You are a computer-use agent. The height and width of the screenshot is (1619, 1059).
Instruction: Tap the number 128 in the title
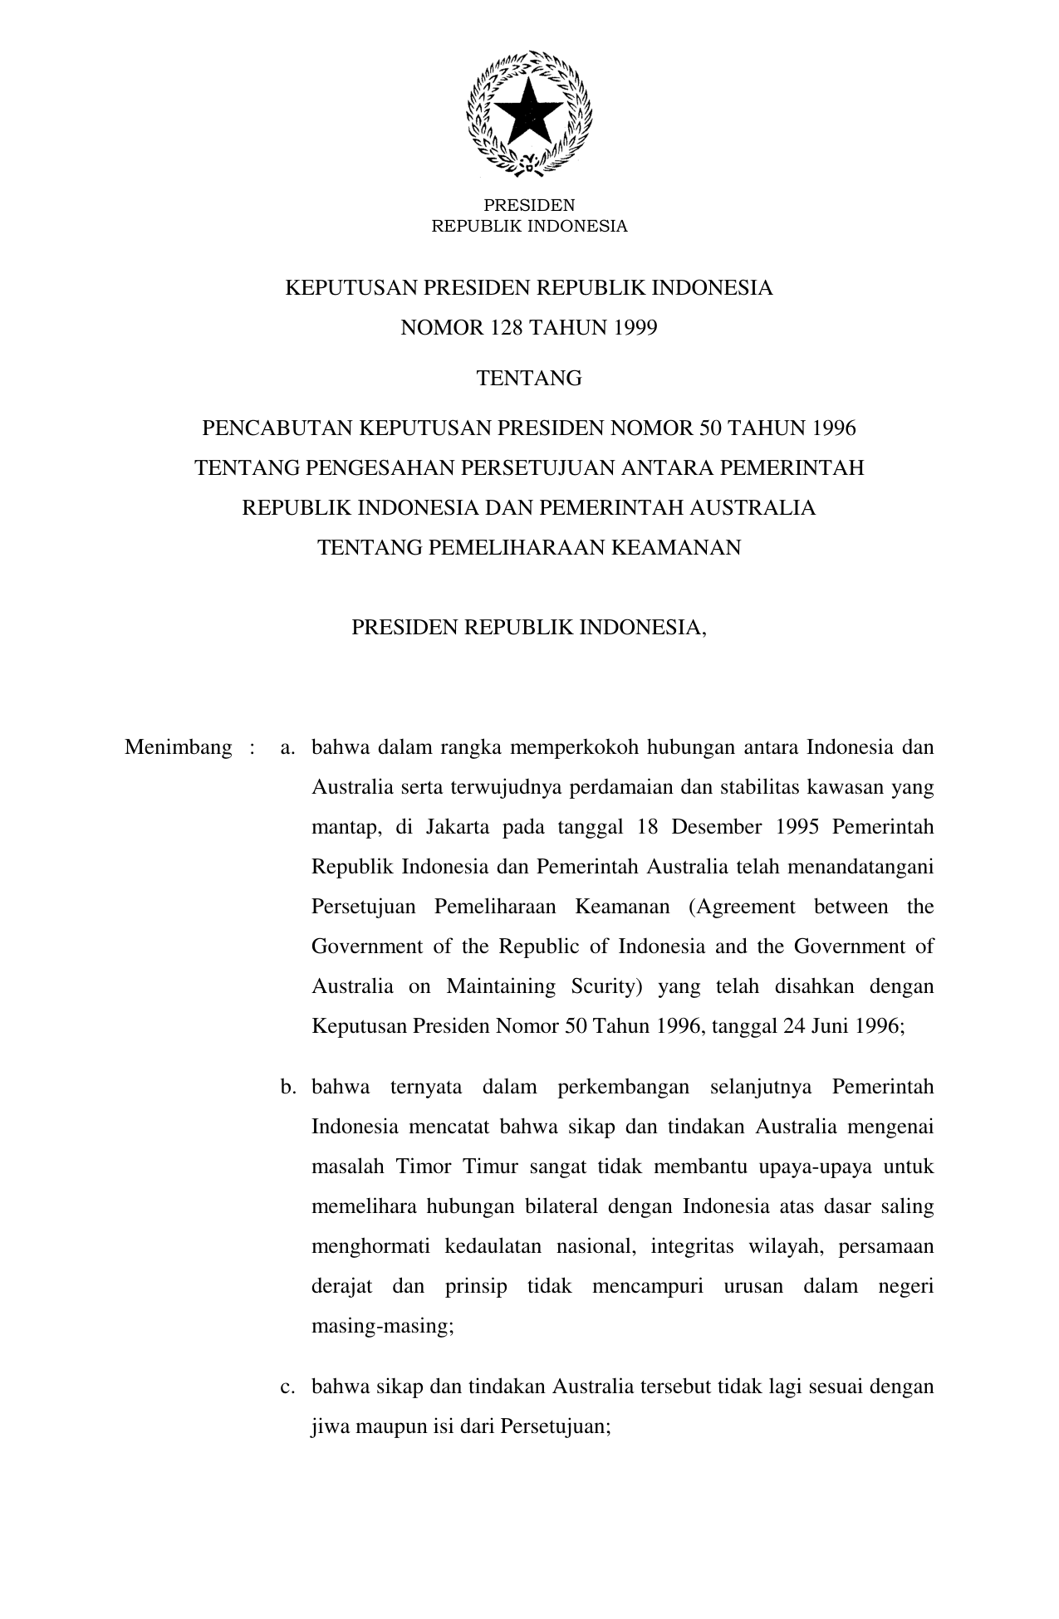507,328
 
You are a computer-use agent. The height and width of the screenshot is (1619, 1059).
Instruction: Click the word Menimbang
178,747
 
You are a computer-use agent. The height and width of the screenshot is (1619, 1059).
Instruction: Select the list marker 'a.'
288,747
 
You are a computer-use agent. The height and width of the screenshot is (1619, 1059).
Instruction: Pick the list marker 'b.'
288,1087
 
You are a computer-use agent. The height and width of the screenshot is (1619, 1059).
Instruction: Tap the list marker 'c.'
288,1387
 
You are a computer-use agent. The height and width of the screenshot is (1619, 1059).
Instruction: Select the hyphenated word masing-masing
381,1326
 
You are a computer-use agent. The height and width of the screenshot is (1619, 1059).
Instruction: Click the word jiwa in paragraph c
330,1426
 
